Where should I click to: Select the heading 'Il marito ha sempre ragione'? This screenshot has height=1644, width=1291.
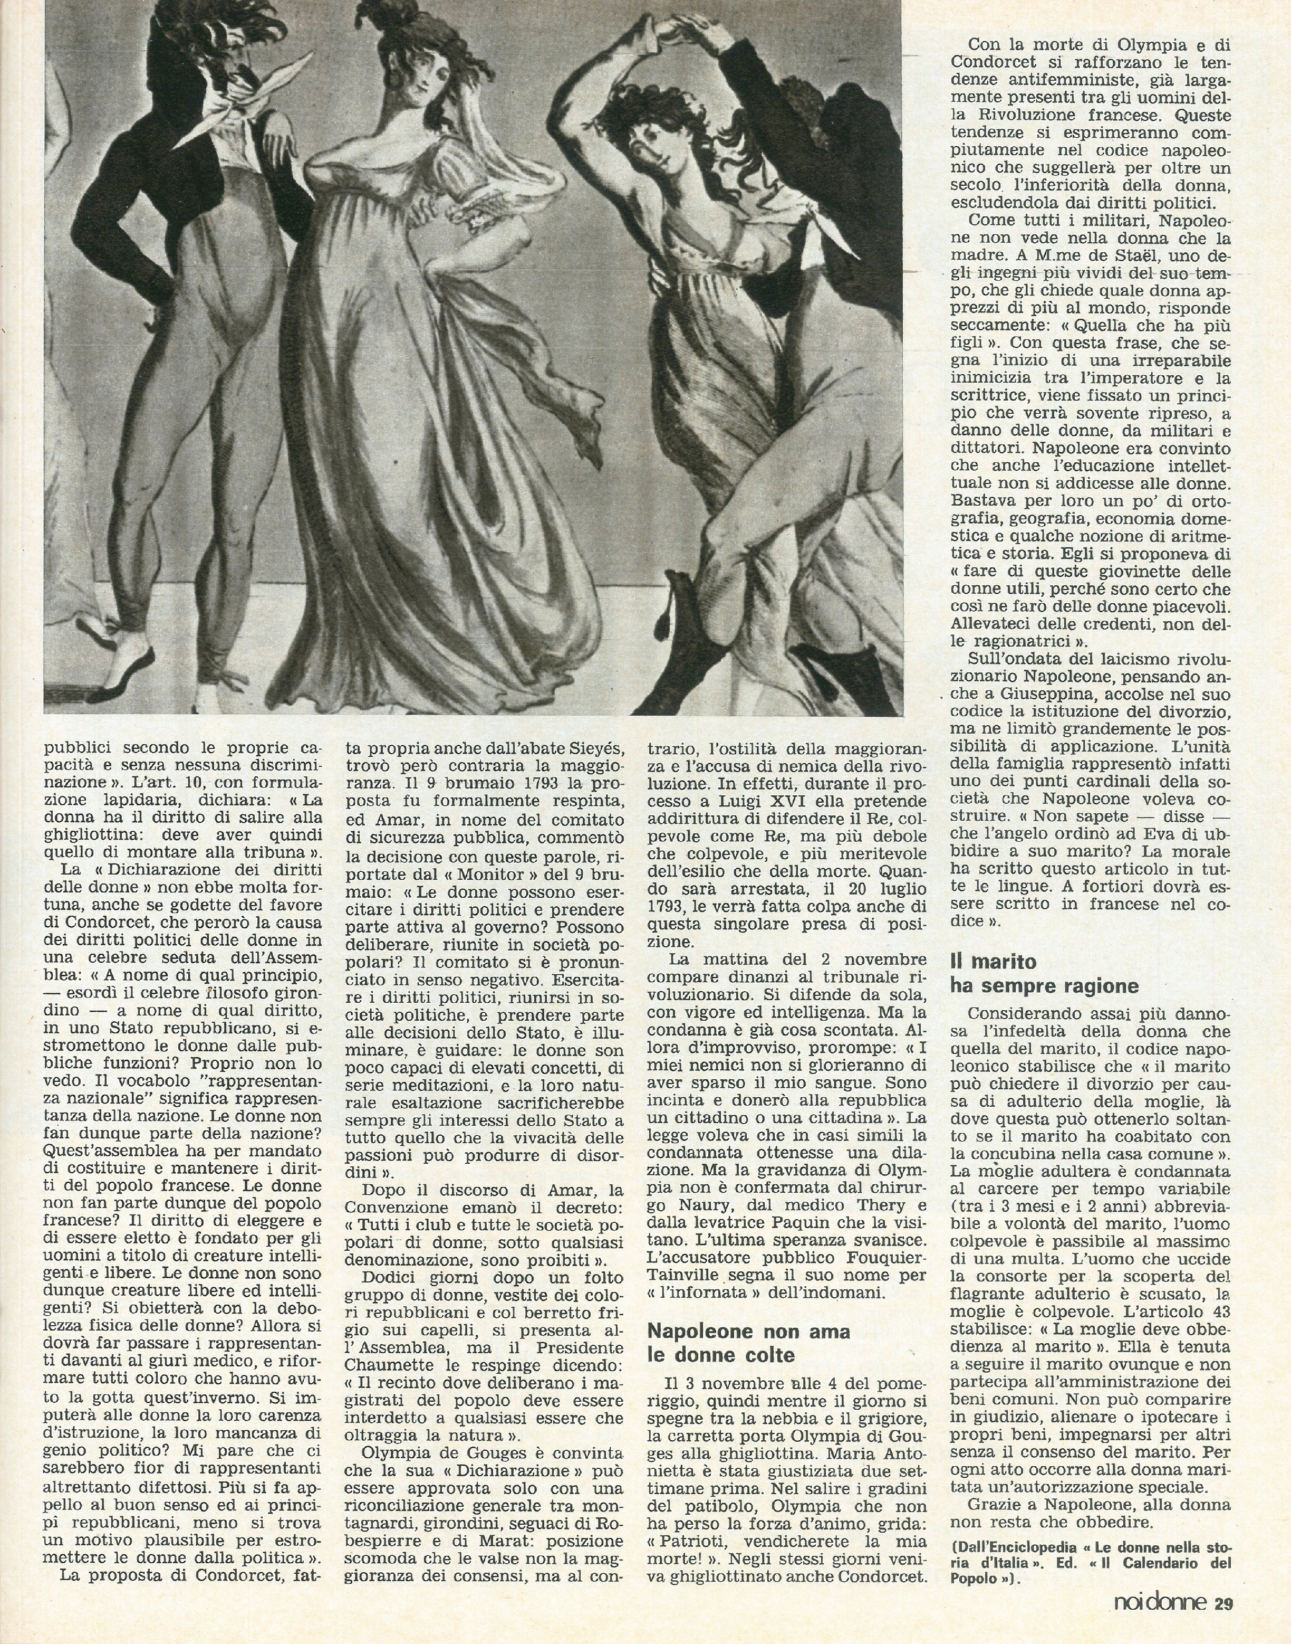click(x=1044, y=974)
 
